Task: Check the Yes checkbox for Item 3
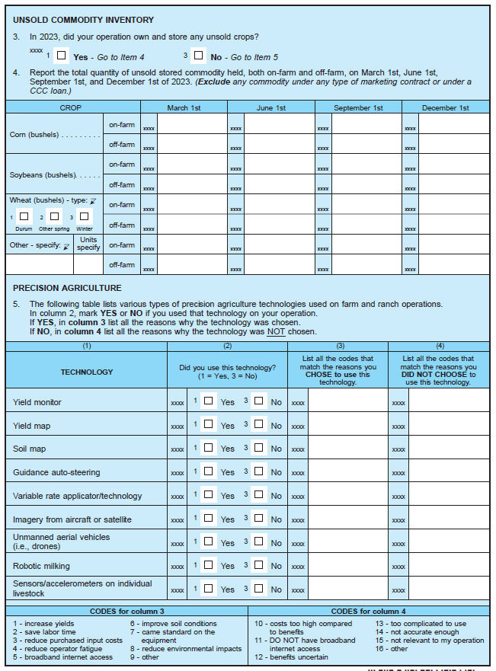coord(62,56)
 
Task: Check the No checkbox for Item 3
coord(199,56)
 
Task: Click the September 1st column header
coord(358,108)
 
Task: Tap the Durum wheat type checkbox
coord(24,217)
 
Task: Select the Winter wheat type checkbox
coord(84,217)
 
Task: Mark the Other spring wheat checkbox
coord(54,217)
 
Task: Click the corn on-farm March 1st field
coord(192,124)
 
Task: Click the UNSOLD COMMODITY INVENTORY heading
coord(84,20)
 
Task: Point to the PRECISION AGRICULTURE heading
coord(67,288)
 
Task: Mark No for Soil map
coord(259,448)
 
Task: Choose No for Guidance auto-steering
coord(259,471)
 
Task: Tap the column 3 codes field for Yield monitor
coord(347,401)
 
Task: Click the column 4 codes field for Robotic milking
coord(449,566)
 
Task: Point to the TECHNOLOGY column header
coord(87,372)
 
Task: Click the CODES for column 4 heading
coord(369,611)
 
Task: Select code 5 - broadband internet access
coord(62,657)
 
